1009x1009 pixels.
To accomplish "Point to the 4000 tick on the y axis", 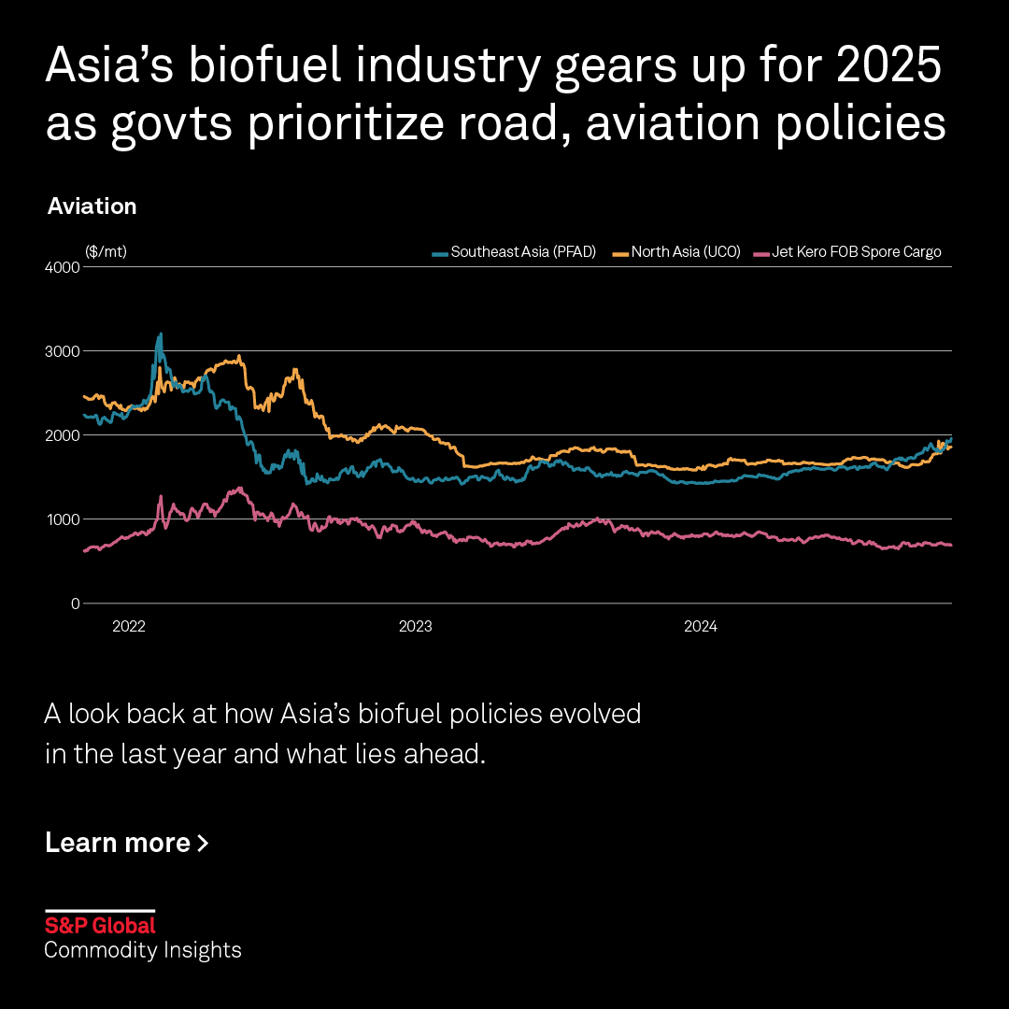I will pos(64,267).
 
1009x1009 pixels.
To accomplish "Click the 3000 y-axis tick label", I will pos(64,351).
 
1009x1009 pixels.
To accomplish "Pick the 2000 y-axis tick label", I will pos(64,435).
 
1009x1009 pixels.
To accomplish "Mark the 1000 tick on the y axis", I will pos(64,519).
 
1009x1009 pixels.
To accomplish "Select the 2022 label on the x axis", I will pos(129,627).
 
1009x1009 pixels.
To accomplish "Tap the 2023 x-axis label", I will pos(415,627).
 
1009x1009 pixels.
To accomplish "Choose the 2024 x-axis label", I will pos(700,627).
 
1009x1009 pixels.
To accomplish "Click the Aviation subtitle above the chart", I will pos(92,206).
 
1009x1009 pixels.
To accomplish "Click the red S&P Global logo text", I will pos(100,926).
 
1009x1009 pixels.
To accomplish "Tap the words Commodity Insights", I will pos(143,950).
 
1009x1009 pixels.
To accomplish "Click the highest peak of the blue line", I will pos(161,334).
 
